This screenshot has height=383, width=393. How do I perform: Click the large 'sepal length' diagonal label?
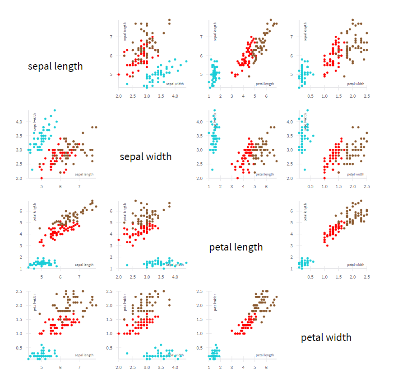click(55, 66)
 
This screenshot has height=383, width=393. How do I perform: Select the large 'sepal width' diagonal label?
click(145, 156)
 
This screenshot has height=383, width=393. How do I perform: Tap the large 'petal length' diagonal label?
click(236, 247)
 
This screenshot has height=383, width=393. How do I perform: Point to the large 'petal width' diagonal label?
click(326, 337)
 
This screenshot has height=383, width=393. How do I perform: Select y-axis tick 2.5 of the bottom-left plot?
click(20, 291)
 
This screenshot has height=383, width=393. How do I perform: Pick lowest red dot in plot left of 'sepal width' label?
click(42, 178)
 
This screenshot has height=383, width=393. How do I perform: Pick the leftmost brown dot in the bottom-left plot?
click(40, 314)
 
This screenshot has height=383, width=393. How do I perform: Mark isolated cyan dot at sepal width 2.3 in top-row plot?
click(127, 84)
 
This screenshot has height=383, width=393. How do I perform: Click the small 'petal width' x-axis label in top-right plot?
click(356, 84)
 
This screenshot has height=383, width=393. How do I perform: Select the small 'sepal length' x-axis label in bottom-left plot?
click(84, 355)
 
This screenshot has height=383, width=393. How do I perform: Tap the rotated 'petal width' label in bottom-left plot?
click(35, 302)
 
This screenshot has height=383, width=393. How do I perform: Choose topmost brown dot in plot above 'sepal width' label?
click(169, 20)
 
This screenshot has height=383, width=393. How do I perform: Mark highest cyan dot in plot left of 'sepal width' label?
click(55, 110)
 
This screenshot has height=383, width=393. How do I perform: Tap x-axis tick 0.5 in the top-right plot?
click(310, 96)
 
